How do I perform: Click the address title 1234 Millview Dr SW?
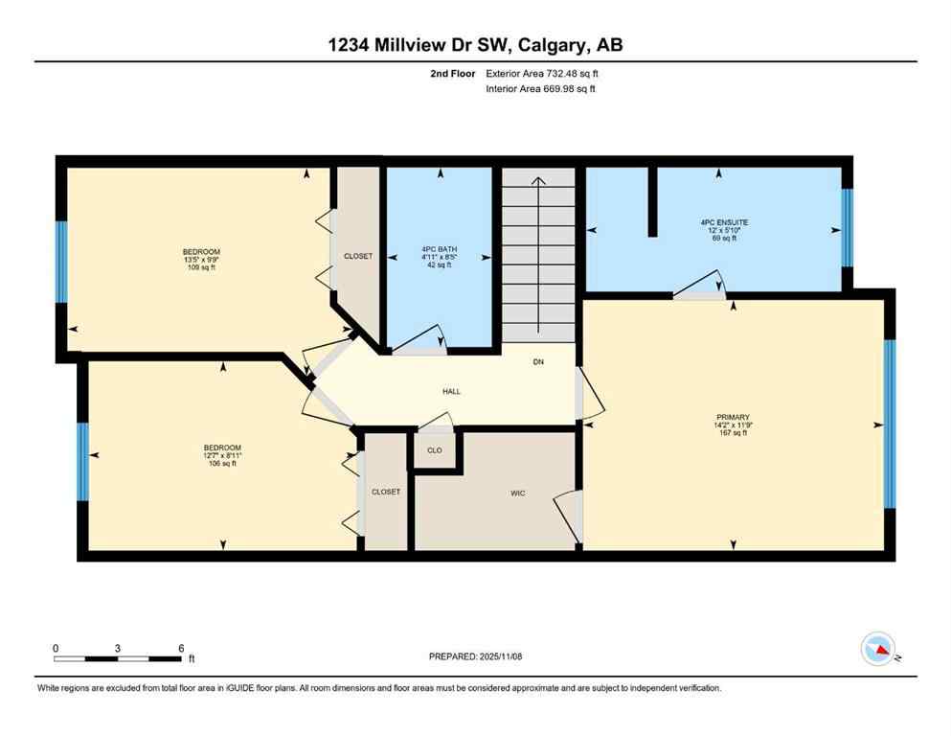[x=475, y=45]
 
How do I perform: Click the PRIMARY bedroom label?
[x=732, y=417]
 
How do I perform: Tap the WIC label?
[x=517, y=494]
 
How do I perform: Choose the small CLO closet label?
[x=435, y=449]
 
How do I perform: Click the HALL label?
[x=451, y=391]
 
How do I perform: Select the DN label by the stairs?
[x=539, y=363]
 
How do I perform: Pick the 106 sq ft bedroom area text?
[x=221, y=464]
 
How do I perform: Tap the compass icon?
[x=878, y=650]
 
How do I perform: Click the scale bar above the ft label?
[x=117, y=657]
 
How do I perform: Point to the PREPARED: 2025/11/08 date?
[x=476, y=656]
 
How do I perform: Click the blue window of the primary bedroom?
[x=890, y=424]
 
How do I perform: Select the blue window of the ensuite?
[x=847, y=227]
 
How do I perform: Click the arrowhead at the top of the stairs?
[x=539, y=179]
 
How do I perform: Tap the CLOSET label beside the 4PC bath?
[x=358, y=257]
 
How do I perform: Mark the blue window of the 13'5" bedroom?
[x=61, y=263]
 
